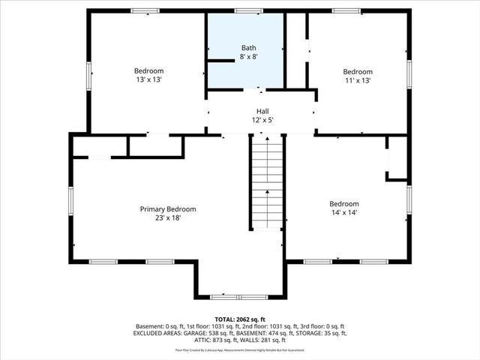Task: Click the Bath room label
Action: pos(248,47)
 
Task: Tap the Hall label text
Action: pos(262,110)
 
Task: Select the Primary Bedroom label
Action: pos(168,209)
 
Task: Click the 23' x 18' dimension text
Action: pos(168,218)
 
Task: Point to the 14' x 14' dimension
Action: pos(344,213)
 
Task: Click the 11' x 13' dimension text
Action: pos(358,81)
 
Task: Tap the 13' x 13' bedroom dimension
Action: pos(148,79)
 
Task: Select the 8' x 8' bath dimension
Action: pos(248,56)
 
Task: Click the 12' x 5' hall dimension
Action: pos(262,119)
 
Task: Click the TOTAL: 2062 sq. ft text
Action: pos(239,319)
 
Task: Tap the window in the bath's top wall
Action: pos(248,10)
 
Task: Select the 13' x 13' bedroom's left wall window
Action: pos(88,75)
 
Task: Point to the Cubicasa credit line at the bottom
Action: pos(239,349)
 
